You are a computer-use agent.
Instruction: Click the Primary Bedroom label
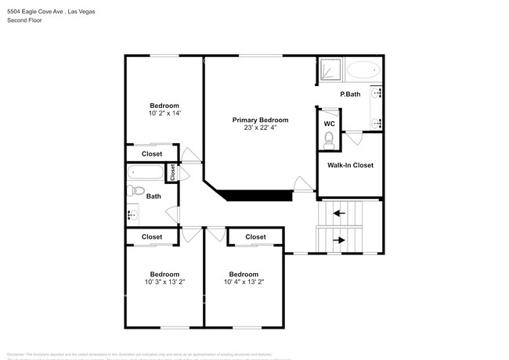pos(260,120)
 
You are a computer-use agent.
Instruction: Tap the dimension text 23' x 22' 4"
pos(260,128)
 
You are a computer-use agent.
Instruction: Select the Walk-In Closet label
pos(350,165)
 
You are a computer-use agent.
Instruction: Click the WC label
pos(329,123)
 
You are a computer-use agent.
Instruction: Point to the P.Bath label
pos(349,95)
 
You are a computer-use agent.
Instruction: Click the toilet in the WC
pos(330,140)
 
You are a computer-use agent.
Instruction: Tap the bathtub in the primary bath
pos(361,70)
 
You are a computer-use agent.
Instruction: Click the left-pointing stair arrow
pos(339,212)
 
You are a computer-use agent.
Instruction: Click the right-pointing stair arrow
pos(339,240)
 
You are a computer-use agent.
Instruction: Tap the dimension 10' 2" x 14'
pos(164,113)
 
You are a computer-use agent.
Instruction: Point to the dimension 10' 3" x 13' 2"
pos(164,283)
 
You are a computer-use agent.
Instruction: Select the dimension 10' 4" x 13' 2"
pos(244,283)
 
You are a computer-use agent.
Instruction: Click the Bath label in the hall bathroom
pos(153,196)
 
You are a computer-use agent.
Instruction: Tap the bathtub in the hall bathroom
pos(145,171)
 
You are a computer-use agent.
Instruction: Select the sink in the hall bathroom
pos(132,213)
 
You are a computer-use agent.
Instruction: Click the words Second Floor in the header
pos(24,20)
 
